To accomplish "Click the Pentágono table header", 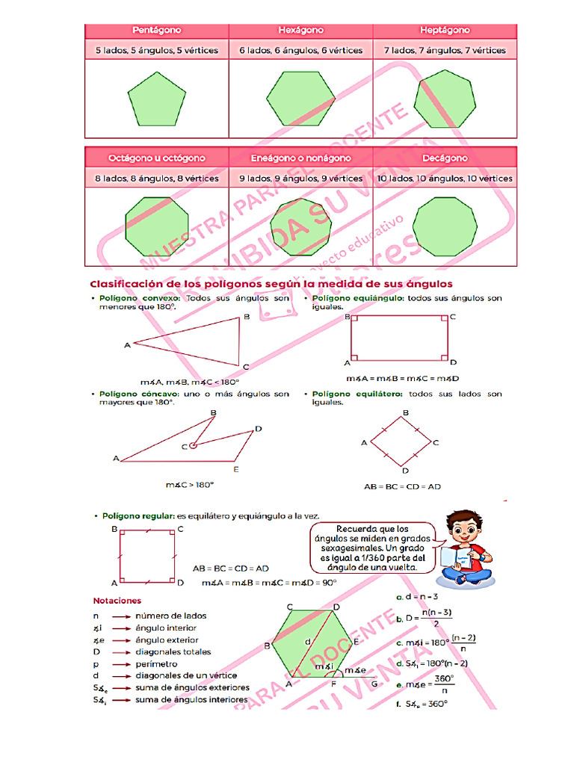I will click(x=157, y=31).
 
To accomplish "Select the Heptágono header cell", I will click(x=445, y=31).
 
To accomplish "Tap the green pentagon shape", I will click(x=156, y=100).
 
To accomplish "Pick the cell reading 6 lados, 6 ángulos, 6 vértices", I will click(x=300, y=51).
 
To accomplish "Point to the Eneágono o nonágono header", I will click(x=300, y=158).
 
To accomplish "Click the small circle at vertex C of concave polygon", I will click(x=193, y=446).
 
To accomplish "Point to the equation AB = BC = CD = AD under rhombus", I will click(x=402, y=486).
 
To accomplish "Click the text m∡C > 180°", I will click(x=189, y=485).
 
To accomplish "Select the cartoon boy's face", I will click(x=463, y=532).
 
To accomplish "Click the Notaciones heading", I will click(x=117, y=600).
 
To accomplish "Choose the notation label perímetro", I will click(x=156, y=663).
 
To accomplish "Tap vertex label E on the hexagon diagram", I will click(x=357, y=641).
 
